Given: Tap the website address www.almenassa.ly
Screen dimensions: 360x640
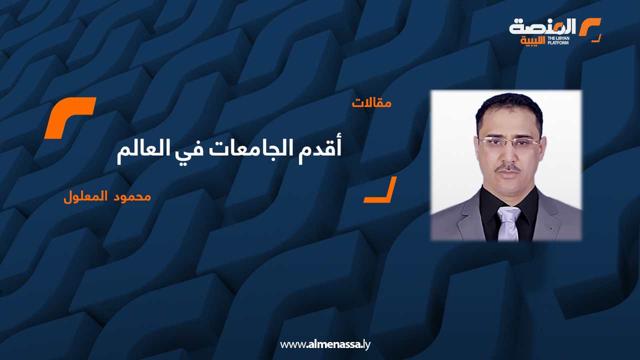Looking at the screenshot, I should click(325, 344).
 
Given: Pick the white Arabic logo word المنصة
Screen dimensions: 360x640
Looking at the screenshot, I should click(543, 27).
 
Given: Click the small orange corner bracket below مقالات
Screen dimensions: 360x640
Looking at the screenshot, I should click(380, 190).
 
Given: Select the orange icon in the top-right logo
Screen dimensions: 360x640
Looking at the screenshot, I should click(590, 29).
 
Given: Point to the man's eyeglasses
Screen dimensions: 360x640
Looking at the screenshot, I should click(508, 142).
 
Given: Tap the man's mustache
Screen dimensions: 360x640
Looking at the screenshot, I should click(508, 168).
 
